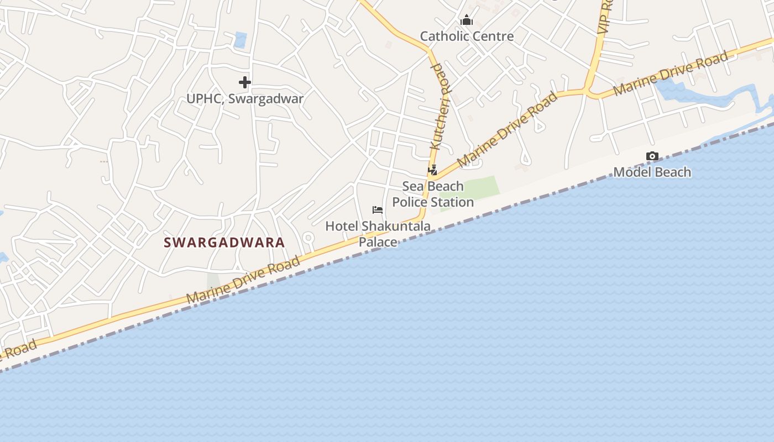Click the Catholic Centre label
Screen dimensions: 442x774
(x=467, y=36)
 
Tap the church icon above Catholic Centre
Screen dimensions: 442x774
(x=467, y=21)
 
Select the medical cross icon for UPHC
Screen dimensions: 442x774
(x=245, y=83)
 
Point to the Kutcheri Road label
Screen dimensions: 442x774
(x=441, y=106)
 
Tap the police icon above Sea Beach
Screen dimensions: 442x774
(x=432, y=170)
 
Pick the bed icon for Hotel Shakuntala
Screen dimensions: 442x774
(x=378, y=210)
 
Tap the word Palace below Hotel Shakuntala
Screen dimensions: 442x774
(x=378, y=242)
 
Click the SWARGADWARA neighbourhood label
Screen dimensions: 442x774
(x=224, y=243)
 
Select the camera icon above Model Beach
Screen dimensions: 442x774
(x=652, y=156)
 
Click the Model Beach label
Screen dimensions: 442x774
(x=652, y=172)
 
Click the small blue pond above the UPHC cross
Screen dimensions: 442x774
(x=240, y=40)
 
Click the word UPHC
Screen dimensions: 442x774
(x=205, y=99)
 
